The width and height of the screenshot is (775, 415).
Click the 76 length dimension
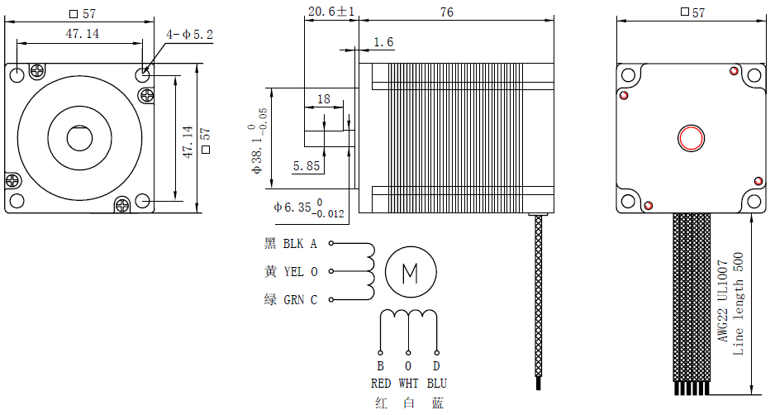click(x=446, y=12)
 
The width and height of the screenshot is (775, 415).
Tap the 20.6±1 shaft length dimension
click(x=330, y=12)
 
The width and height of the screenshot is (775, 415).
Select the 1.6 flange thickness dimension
click(x=383, y=42)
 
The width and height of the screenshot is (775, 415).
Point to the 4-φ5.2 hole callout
click(x=189, y=35)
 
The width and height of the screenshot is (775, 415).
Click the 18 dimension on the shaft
click(x=323, y=98)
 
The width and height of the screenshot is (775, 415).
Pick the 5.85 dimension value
click(x=306, y=165)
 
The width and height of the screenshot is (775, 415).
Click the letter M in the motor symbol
click(x=409, y=271)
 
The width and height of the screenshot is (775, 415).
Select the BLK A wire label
click(x=300, y=244)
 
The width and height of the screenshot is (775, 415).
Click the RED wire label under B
click(x=381, y=384)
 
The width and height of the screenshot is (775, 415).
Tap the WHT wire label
click(x=408, y=384)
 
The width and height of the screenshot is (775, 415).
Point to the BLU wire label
click(x=436, y=384)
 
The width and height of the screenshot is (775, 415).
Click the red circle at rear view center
click(x=690, y=138)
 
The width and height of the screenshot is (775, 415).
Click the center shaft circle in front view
click(x=79, y=138)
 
